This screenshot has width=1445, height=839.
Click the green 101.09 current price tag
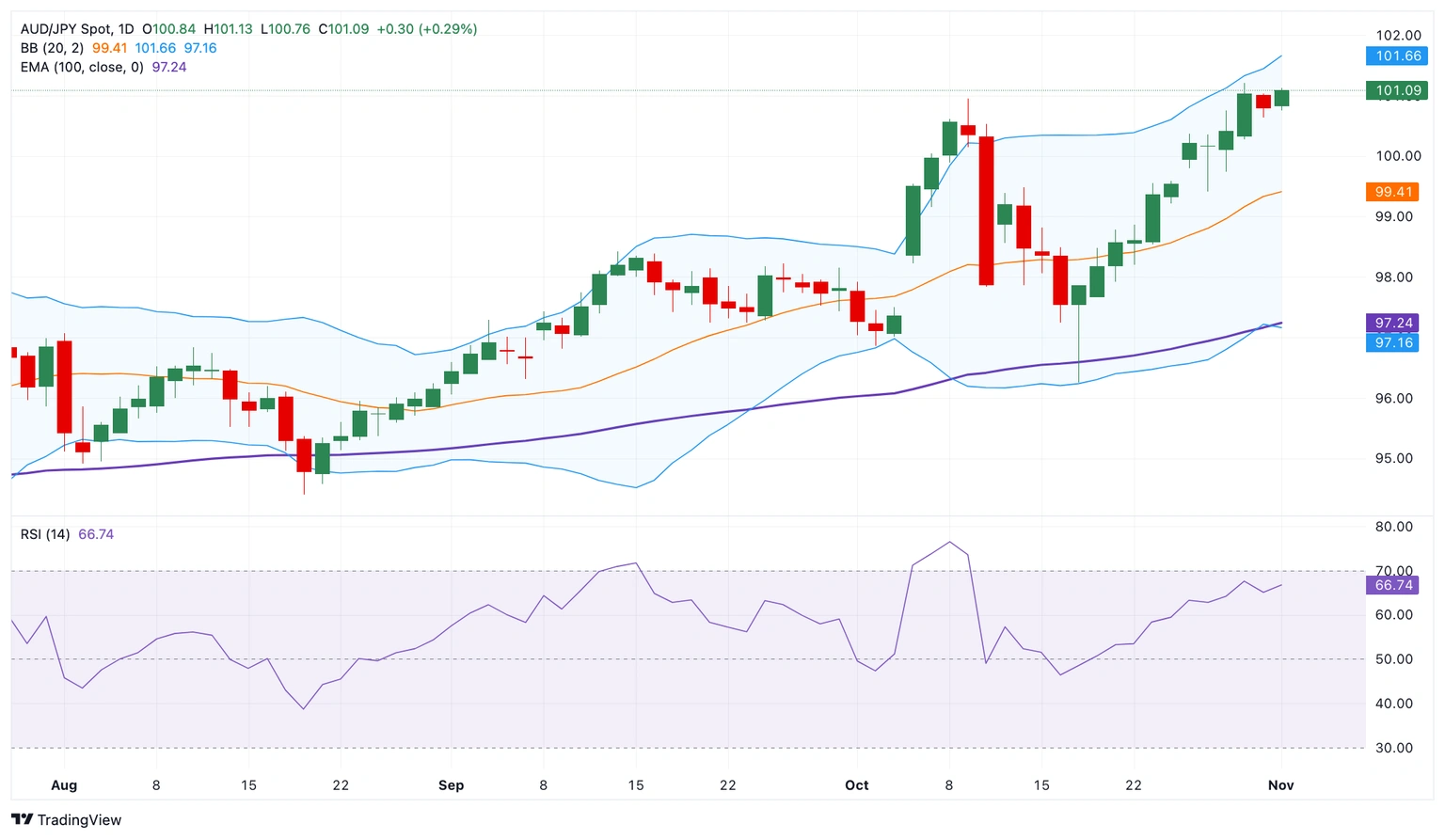click(x=1397, y=91)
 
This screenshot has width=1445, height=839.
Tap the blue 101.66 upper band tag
click(x=1397, y=56)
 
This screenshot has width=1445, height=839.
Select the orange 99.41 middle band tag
click(x=1392, y=192)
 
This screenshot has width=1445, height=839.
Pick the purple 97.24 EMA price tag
click(x=1393, y=323)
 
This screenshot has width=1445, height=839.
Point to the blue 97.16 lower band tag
click(x=1393, y=342)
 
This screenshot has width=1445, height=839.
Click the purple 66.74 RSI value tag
click(x=1393, y=585)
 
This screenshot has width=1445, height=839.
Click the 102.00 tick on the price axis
click(x=1398, y=36)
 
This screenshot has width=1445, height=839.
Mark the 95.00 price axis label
click(x=1394, y=459)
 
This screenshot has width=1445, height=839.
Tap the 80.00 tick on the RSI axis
click(x=1393, y=527)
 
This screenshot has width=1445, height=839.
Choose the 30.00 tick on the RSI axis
click(x=1393, y=748)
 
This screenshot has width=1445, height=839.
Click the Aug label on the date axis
click(x=64, y=785)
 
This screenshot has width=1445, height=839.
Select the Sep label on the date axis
click(x=451, y=785)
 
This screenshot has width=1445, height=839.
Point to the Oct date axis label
click(x=856, y=785)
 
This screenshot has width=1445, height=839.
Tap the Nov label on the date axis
click(x=1280, y=785)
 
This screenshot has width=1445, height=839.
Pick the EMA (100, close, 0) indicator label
click(x=82, y=68)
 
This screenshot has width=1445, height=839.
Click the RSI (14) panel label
click(x=45, y=534)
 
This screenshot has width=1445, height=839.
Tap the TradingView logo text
click(x=79, y=820)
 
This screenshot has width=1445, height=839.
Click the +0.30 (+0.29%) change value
click(x=426, y=29)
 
